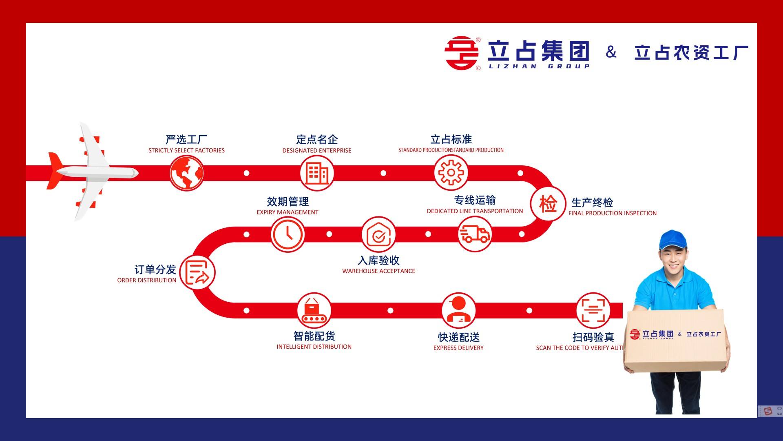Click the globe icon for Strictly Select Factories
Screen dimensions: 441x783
187,173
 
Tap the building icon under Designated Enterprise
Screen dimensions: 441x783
317,173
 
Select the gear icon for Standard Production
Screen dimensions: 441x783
451,173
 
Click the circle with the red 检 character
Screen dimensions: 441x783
548,203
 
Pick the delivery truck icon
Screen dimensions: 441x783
474,234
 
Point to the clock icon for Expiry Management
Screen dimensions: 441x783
288,234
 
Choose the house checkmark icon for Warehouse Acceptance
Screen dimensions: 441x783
378,234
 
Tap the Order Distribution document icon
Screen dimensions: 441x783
197,273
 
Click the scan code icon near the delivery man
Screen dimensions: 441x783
593,310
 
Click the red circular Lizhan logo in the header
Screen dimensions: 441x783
461,53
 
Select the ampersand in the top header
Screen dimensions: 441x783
611,52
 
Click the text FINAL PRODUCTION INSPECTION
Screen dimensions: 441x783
612,213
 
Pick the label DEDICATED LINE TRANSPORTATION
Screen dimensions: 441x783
475,211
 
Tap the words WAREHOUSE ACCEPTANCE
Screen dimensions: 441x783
378,271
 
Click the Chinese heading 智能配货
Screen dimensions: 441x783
314,336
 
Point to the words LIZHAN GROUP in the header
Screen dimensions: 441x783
539,67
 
